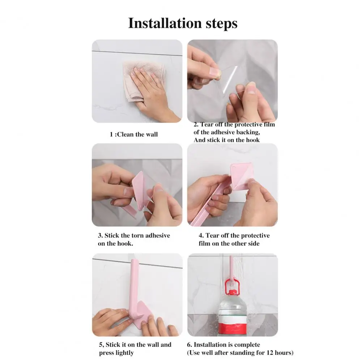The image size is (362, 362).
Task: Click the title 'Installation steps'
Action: [x=183, y=23]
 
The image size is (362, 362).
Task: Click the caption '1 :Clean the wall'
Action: [x=134, y=135]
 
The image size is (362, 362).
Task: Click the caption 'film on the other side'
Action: [x=229, y=244]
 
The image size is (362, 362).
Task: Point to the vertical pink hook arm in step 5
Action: [x=134, y=286]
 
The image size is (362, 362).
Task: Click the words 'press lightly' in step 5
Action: [x=116, y=353]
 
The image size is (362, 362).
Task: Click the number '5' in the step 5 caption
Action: [x=101, y=345]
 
